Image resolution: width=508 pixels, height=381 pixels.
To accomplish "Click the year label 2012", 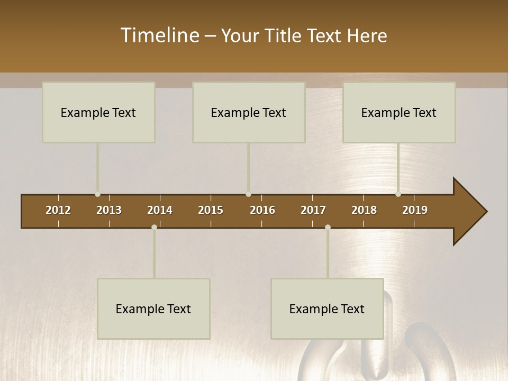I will point(58,210).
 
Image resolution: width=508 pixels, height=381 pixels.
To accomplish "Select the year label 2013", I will point(109,210).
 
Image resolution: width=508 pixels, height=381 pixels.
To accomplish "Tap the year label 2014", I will point(160,210).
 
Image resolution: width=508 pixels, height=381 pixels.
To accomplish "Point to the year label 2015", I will point(211,210).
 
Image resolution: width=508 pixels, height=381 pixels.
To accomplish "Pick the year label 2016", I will point(262,210).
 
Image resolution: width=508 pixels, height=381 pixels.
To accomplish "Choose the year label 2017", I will point(313,210).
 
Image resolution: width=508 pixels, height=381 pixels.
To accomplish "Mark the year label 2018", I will point(364,210).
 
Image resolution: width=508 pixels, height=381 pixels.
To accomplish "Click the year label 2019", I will point(415,210).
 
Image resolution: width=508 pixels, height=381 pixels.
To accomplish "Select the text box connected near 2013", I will point(98,112).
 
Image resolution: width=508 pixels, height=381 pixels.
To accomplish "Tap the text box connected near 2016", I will point(249,112).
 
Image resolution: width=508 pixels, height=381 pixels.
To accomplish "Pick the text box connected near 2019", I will point(399,112).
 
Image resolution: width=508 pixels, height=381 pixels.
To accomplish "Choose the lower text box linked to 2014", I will point(153,309).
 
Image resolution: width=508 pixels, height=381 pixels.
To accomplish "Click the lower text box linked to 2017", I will point(327,309).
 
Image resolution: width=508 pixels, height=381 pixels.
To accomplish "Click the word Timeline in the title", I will point(159,35).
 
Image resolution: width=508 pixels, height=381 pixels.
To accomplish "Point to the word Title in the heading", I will point(285,35).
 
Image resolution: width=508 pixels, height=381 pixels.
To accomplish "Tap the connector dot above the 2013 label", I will point(97,194).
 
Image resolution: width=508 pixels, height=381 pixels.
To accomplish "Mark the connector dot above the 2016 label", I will point(248,194).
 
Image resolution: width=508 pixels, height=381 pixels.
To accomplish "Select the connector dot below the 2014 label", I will point(154,228).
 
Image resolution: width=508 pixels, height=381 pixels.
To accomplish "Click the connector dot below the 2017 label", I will point(328,228).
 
